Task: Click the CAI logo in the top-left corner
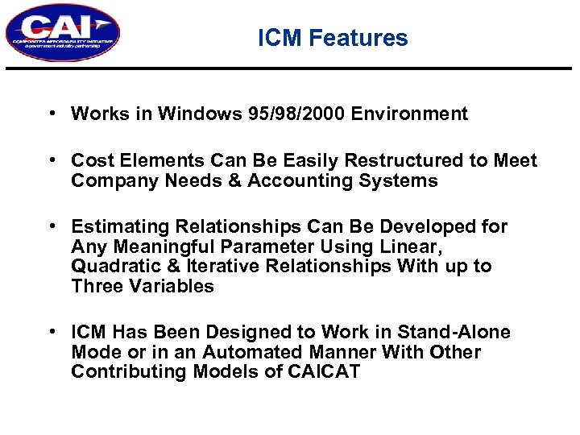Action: pyautogui.click(x=62, y=33)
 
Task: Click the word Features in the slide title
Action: pyautogui.click(x=367, y=38)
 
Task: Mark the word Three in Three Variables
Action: pyautogui.click(x=96, y=286)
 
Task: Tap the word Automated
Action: pyautogui.click(x=256, y=352)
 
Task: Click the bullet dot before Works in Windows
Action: pyautogui.click(x=51, y=113)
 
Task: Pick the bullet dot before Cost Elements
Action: pyautogui.click(x=51, y=160)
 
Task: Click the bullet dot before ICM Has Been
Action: pyautogui.click(x=51, y=332)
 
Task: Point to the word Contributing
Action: pyautogui.click(x=125, y=371)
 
